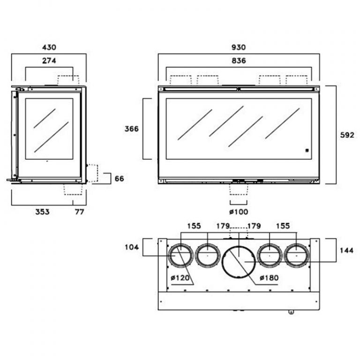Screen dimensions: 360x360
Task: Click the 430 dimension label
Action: (x=49, y=47)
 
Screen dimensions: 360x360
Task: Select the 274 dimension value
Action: (x=49, y=60)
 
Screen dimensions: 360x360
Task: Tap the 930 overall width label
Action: (x=239, y=47)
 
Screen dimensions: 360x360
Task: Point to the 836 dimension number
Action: (x=239, y=60)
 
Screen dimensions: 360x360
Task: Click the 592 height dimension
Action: (x=347, y=135)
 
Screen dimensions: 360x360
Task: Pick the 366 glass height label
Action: (x=132, y=129)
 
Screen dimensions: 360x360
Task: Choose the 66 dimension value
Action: (x=120, y=179)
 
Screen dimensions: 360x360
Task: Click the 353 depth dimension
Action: (x=42, y=212)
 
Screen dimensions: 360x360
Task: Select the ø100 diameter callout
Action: (x=239, y=212)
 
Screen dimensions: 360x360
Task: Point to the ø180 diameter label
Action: (x=269, y=278)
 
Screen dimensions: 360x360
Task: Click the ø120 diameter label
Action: (x=180, y=278)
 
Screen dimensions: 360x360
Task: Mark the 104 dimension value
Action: (x=132, y=247)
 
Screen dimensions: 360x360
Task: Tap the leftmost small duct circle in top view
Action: (x=180, y=256)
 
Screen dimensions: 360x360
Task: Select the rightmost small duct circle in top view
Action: (x=297, y=256)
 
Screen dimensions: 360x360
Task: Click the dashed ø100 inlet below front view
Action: (x=238, y=188)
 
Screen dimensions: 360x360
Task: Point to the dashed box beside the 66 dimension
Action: (x=92, y=173)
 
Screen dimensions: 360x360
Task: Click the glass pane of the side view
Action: (x=49, y=128)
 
